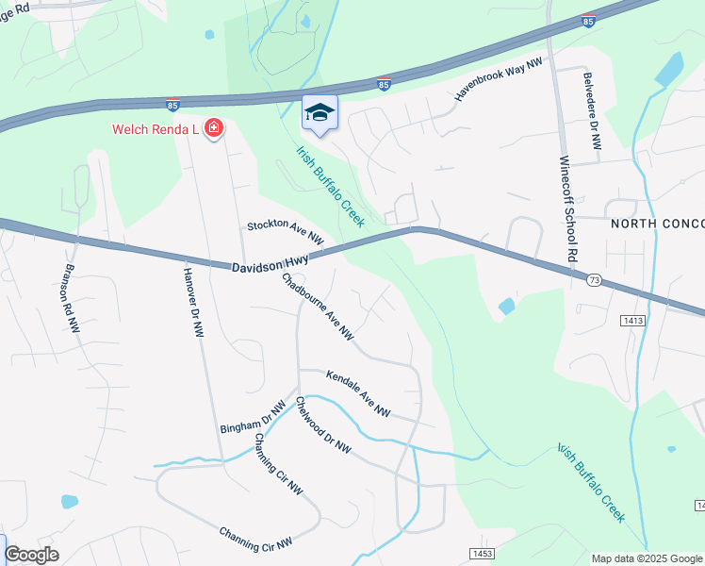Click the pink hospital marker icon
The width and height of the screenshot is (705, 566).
point(214,128)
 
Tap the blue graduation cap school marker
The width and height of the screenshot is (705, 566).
point(320,113)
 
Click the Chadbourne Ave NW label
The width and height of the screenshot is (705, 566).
point(319,306)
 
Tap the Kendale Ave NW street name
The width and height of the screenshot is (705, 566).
point(358,392)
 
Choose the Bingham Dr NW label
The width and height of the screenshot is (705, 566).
point(253,416)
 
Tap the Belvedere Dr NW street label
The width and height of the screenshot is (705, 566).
point(592,112)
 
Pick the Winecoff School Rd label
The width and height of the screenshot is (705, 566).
point(567,209)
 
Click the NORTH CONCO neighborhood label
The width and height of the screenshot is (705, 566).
point(657,223)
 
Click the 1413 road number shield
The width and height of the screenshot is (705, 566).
point(632,321)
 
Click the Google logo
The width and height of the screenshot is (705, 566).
point(31,556)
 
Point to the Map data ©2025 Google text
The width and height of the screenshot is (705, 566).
point(648,558)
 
